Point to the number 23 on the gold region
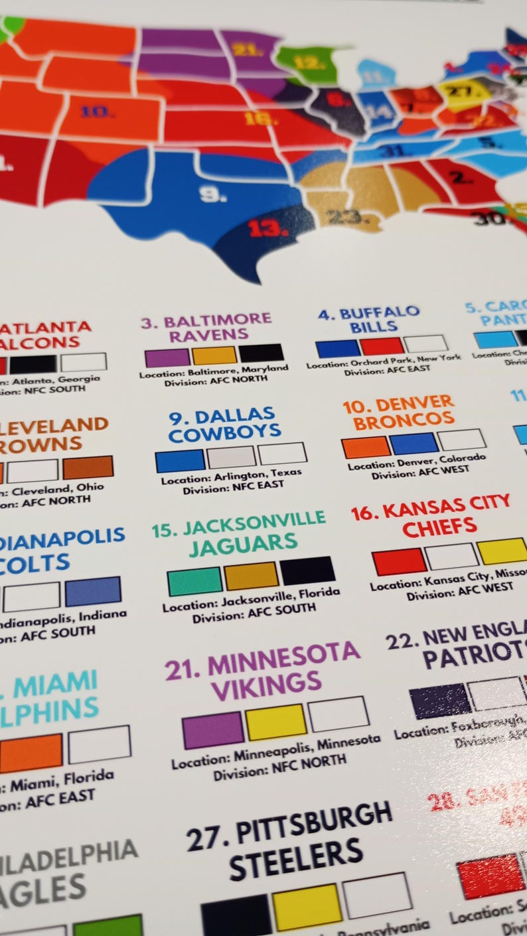343,216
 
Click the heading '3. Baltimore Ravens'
206,328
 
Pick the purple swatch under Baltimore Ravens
167,358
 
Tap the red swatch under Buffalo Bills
382,346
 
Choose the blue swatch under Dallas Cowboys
180,461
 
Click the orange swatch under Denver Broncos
366,448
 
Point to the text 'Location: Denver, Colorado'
416,462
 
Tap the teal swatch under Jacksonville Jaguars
194,581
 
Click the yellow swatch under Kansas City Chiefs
502,551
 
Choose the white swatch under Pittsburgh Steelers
377,895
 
